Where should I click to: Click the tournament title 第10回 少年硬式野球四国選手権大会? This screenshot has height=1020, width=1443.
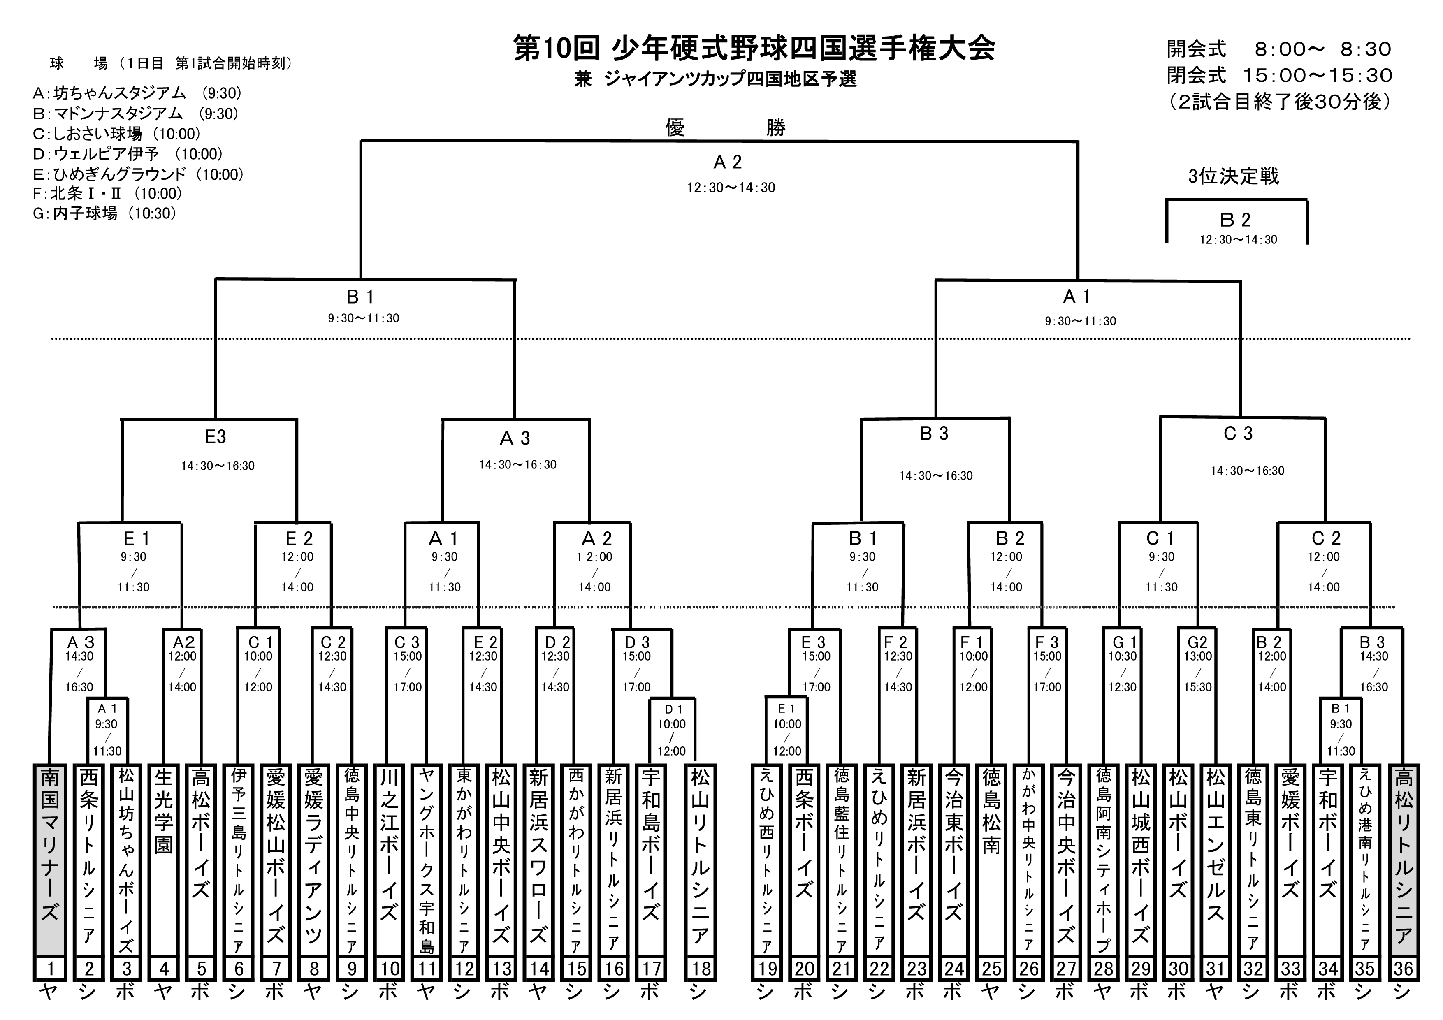(754, 49)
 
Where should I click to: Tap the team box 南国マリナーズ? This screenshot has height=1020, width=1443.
(50, 861)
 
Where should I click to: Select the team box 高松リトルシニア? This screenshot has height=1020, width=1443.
(1404, 861)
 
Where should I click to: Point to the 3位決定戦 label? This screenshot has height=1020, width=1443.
(1233, 176)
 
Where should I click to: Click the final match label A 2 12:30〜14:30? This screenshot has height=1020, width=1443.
(729, 173)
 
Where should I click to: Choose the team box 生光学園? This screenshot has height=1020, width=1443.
(163, 861)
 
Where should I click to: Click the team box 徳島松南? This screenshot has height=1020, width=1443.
(991, 861)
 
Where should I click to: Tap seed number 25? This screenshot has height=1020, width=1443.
(991, 969)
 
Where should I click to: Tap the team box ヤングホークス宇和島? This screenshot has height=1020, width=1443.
(427, 861)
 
